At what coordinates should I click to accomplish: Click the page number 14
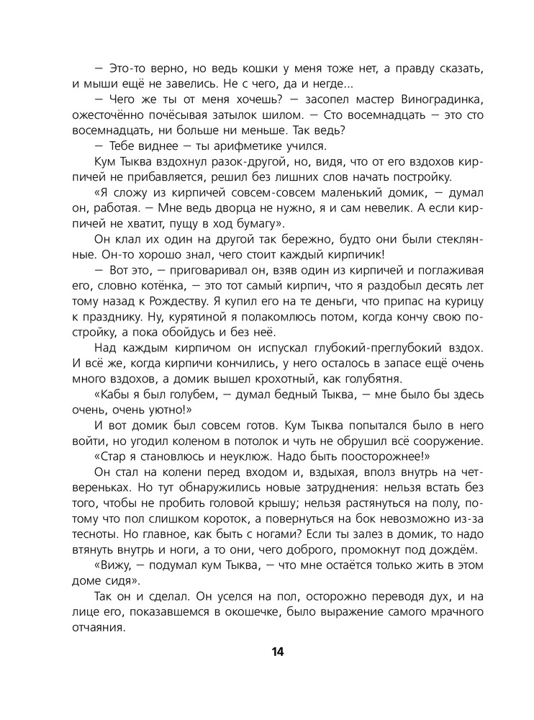(279, 652)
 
